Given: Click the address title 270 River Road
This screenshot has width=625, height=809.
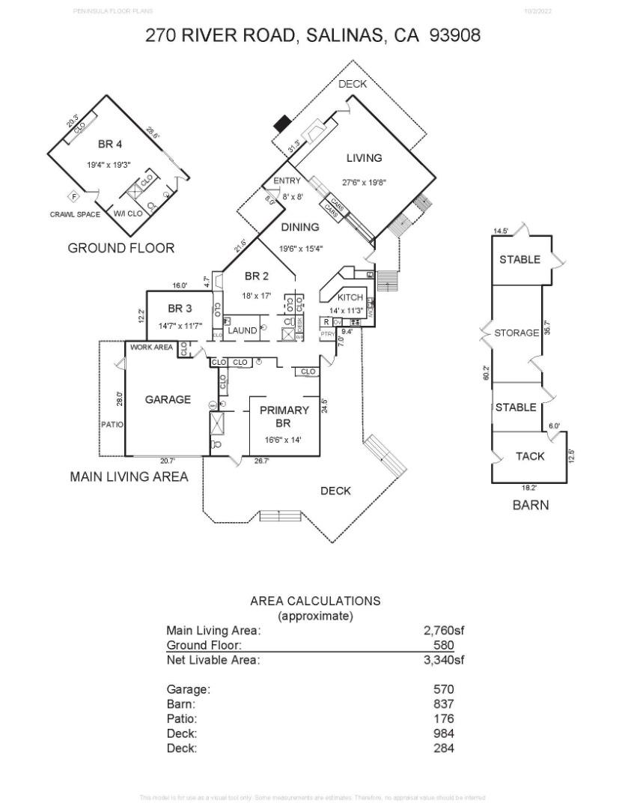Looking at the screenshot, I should (x=313, y=34).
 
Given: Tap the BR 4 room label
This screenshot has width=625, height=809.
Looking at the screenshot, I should (x=109, y=144).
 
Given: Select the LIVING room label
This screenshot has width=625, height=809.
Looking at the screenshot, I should (x=364, y=158).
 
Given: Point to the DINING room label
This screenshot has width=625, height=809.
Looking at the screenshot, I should (x=300, y=227).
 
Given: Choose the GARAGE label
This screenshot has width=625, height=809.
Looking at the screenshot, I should (x=168, y=400).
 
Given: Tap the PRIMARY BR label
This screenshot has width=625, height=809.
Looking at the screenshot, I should (x=284, y=416).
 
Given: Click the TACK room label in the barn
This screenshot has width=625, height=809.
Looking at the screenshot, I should (x=530, y=456).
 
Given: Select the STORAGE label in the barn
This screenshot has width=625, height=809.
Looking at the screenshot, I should (x=516, y=333).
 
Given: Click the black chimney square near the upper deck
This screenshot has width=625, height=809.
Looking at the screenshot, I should (x=283, y=122).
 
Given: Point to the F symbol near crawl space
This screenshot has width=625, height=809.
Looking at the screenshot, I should (x=74, y=197).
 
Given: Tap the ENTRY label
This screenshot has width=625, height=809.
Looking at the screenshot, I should (x=287, y=181).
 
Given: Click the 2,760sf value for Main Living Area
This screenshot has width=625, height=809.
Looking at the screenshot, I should (x=444, y=631).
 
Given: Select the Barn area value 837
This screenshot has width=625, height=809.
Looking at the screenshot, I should (x=444, y=704).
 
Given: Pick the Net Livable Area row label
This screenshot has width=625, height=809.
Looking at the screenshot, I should (x=213, y=660).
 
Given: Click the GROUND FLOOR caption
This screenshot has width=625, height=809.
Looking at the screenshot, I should (x=121, y=248).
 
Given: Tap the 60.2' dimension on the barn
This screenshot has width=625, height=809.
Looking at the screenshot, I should (x=486, y=373).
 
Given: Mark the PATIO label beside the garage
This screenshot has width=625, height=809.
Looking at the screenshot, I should (x=112, y=425).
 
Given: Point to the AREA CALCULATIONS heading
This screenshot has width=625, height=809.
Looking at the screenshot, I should (x=315, y=601).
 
